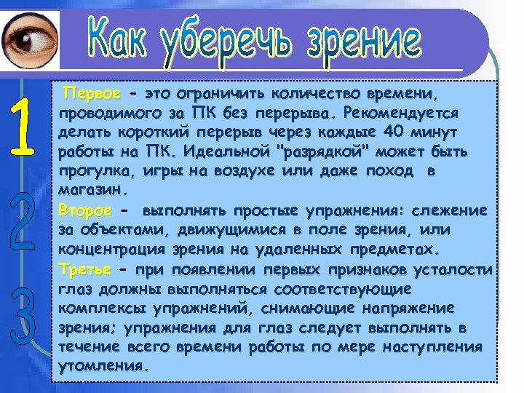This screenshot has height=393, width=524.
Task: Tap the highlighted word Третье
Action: click(84, 270)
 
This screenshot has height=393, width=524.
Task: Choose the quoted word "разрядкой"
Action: click(320, 153)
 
